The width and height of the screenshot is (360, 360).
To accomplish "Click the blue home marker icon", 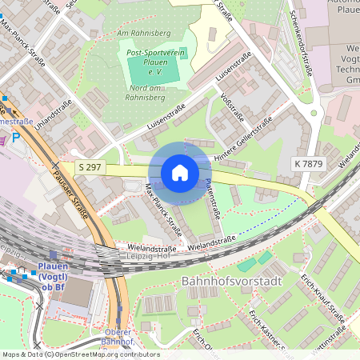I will pyautogui.click(x=180, y=173).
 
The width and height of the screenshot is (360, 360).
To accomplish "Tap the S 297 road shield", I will pyautogui.click(x=90, y=166).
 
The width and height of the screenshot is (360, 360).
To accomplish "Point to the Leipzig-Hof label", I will pyautogui.click(x=160, y=256).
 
